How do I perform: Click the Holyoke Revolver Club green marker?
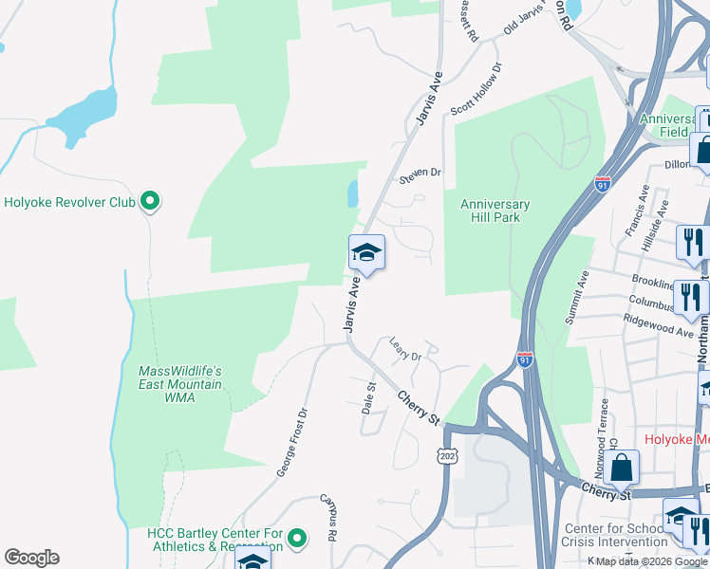tap(149, 201)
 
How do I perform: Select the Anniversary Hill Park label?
tap(495, 211)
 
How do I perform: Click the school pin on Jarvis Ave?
tap(366, 253)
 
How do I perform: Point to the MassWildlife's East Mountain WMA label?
tap(180, 384)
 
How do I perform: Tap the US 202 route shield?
tap(447, 456)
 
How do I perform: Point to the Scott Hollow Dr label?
tap(476, 90)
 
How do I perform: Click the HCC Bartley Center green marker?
tap(297, 539)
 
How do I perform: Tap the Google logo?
tap(31, 558)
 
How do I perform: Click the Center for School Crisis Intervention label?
tap(616, 535)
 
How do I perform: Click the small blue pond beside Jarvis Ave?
tap(353, 194)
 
